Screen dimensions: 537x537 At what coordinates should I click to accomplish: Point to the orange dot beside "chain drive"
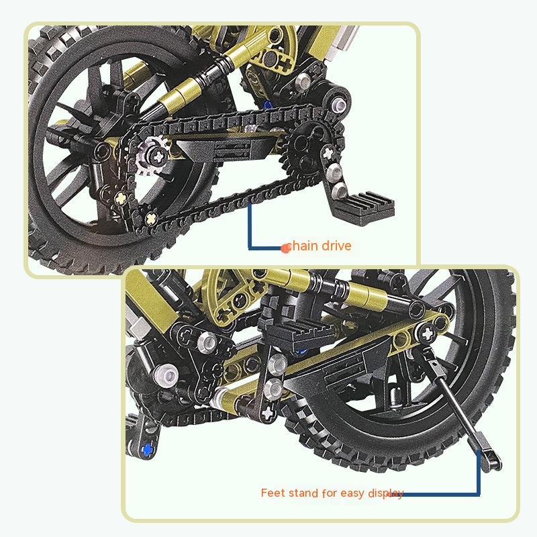coord(285,248)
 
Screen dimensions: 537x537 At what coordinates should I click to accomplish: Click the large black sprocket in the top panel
coord(312,150)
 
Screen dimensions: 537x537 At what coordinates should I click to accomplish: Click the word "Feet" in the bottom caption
coord(273,493)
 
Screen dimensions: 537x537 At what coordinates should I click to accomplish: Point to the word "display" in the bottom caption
coord(385,493)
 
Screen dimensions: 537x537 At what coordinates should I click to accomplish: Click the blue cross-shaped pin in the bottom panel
coord(147,449)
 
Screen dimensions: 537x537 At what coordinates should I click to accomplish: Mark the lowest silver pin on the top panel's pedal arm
coord(340,189)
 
